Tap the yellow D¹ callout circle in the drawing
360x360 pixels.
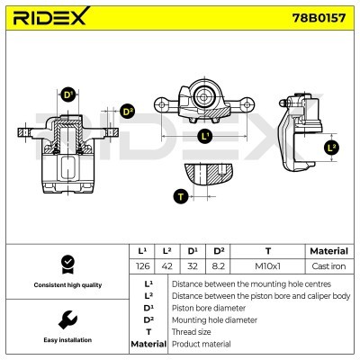click(x=67, y=95)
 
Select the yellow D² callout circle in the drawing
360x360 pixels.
click(x=127, y=112)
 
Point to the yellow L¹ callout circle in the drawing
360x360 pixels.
click(x=204, y=136)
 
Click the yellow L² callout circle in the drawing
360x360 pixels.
click(x=332, y=147)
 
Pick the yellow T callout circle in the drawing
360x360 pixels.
click(x=180, y=195)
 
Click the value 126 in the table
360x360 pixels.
click(x=142, y=265)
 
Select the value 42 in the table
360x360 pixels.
click(x=167, y=265)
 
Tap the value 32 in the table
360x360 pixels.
click(x=193, y=265)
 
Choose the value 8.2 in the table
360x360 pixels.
click(x=218, y=265)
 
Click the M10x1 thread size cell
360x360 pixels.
click(x=267, y=265)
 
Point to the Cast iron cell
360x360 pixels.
click(x=328, y=265)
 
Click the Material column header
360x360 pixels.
click(x=328, y=251)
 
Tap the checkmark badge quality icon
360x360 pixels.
click(x=66, y=264)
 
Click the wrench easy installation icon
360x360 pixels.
click(x=66, y=319)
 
